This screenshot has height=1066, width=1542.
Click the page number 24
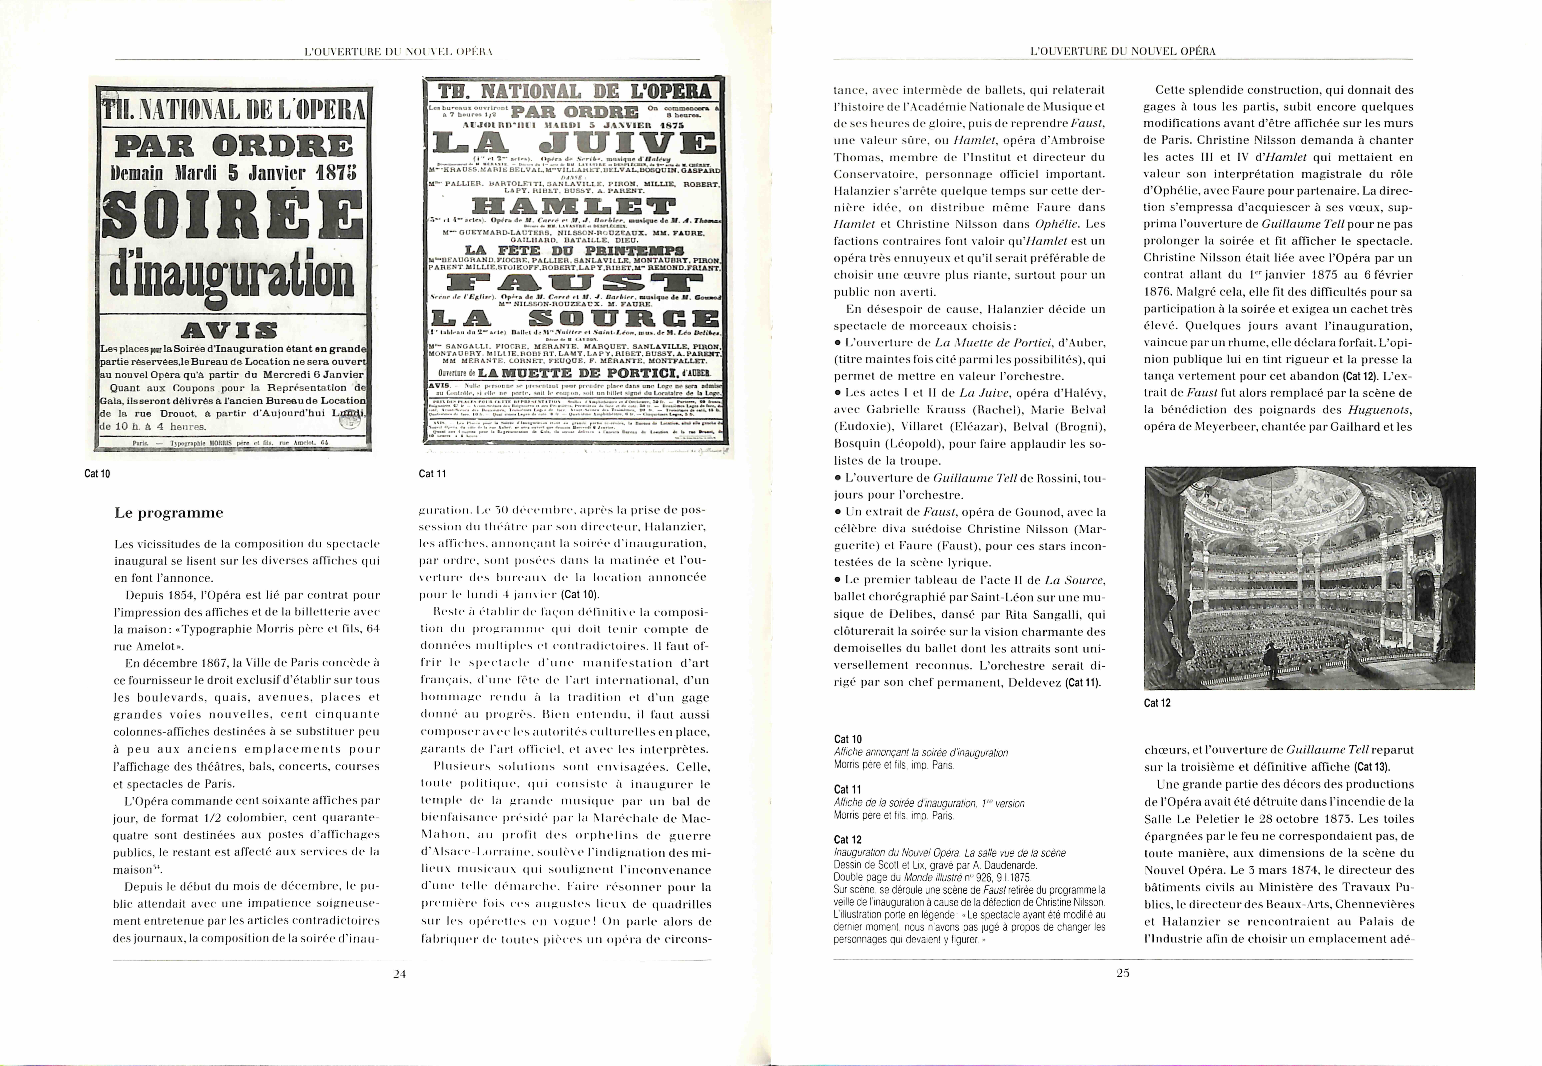tap(399, 974)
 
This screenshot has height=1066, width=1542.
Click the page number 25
tap(1123, 973)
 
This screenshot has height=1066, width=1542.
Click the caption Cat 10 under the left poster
tap(97, 473)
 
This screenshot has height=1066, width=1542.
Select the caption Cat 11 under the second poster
tap(432, 473)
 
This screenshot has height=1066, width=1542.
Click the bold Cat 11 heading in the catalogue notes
tap(847, 789)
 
